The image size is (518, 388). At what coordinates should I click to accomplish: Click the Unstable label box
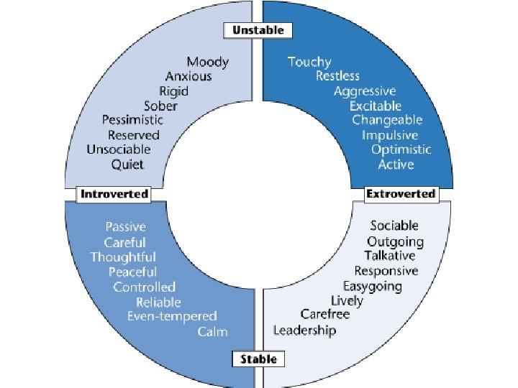(258, 30)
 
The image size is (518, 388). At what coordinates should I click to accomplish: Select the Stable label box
(258, 359)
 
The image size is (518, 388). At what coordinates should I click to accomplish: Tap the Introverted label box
(114, 194)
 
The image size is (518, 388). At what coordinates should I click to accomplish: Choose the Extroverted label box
(401, 194)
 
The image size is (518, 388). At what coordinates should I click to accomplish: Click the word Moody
(207, 62)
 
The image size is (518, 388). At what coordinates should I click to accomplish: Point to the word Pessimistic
(132, 120)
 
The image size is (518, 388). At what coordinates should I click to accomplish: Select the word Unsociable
(119, 149)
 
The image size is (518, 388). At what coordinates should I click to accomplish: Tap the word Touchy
(309, 62)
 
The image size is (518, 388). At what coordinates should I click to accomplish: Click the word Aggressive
(365, 91)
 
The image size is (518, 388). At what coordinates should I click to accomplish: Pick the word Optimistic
(401, 149)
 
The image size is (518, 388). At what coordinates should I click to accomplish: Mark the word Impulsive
(390, 135)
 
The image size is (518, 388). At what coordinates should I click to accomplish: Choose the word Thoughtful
(123, 257)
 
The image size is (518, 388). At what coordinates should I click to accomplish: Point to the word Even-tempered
(172, 316)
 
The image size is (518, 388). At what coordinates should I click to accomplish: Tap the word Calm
(212, 331)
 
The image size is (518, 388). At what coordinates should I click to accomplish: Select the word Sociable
(394, 226)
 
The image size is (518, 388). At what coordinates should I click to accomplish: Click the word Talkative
(390, 256)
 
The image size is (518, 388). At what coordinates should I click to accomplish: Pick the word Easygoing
(373, 286)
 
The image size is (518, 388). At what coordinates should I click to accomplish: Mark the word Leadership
(304, 331)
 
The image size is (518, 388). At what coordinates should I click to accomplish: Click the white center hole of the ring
(258, 194)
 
